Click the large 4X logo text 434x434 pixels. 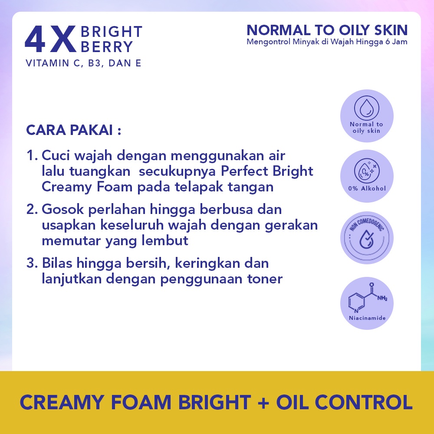coord(50,40)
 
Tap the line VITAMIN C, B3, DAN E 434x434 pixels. coord(83,63)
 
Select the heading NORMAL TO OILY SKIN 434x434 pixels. coord(327,30)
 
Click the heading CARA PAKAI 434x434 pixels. coord(73,130)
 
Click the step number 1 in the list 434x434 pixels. coord(31,156)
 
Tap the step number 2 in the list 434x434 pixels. coord(31,210)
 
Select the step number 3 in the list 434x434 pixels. coord(31,263)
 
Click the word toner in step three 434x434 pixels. coord(265,279)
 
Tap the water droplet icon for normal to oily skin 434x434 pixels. coord(367,108)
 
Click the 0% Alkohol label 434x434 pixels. coord(367,188)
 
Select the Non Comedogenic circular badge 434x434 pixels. coord(367,237)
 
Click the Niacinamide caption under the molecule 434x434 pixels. coord(367,318)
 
